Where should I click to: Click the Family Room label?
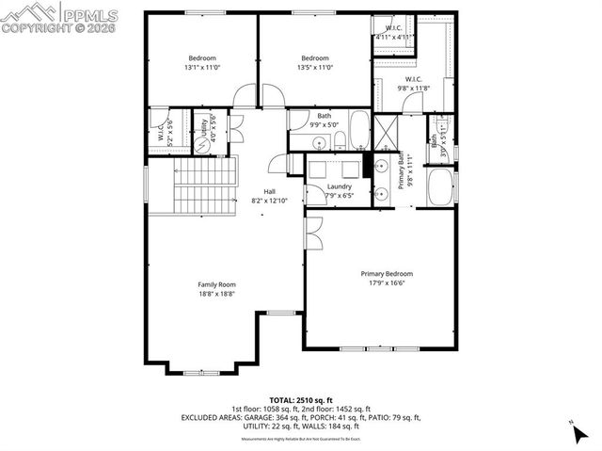216,284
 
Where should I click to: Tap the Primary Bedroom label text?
387,274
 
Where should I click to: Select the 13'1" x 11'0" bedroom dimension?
201,67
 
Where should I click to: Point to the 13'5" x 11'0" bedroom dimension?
315,67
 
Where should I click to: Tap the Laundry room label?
339,186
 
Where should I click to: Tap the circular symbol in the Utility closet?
200,133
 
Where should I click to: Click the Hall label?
269,191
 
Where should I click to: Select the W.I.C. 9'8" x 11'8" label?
413,83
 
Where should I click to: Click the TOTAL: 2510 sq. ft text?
301,399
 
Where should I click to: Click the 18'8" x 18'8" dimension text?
216,294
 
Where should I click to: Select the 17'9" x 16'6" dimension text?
387,283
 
